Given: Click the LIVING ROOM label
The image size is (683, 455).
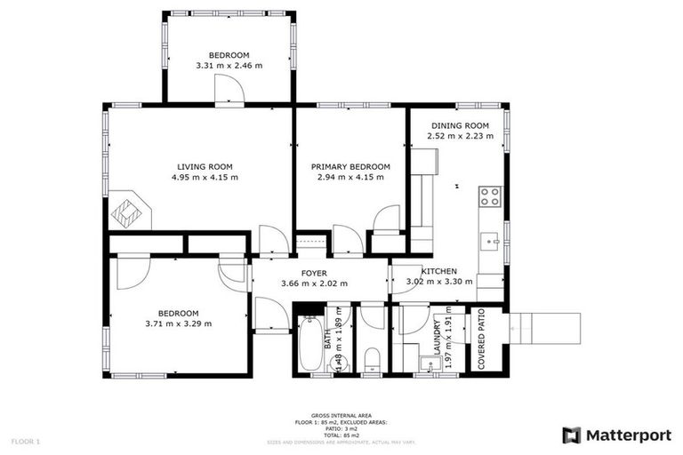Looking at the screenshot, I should point(205,166).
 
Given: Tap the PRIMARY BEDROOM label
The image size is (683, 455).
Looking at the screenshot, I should point(350,166).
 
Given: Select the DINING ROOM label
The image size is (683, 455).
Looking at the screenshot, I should point(460,125).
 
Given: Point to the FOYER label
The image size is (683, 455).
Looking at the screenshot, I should point(314,273).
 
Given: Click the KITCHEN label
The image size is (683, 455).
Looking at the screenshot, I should point(439,271).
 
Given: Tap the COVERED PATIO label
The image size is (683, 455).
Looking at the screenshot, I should point(481,339).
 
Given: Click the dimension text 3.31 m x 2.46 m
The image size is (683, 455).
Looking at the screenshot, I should point(229,66).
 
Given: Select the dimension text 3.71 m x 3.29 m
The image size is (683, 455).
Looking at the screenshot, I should point(179,323).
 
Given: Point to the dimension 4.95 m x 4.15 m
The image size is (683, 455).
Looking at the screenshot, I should point(205,177).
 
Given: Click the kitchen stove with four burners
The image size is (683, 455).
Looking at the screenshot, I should point(489,196).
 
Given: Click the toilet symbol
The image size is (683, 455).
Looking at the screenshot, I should point(373,357).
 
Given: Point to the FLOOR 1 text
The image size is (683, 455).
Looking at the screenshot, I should point(26,441).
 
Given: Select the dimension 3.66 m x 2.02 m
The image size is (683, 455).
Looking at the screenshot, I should point(314,283).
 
